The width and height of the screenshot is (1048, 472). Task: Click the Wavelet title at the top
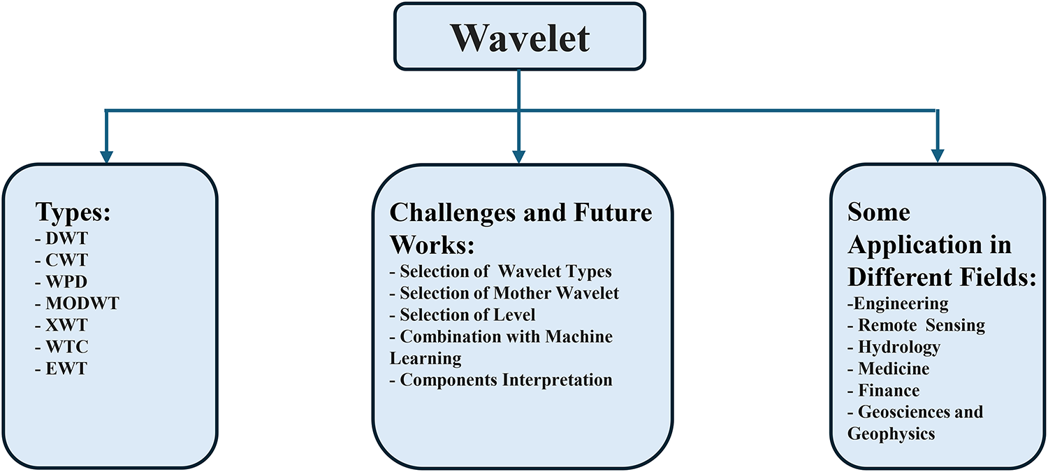[520, 38]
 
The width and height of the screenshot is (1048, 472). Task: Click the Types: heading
[73, 213]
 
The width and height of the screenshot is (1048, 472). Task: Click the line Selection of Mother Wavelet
[504, 293]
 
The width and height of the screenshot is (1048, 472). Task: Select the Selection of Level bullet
[463, 315]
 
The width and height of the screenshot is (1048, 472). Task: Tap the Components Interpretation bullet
[501, 380]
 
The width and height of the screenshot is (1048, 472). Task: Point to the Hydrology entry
[894, 348]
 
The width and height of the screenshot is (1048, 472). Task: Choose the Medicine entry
[889, 369]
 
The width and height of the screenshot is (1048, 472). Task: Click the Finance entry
[883, 390]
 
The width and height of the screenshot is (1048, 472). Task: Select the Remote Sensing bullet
[916, 325]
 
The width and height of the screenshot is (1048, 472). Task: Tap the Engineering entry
[898, 304]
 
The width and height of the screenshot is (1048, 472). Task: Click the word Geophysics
[891, 434]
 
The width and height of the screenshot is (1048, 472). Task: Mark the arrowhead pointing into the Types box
[107, 157]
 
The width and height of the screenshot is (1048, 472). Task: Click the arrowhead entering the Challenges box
[519, 157]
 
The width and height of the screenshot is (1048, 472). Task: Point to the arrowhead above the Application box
[938, 156]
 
